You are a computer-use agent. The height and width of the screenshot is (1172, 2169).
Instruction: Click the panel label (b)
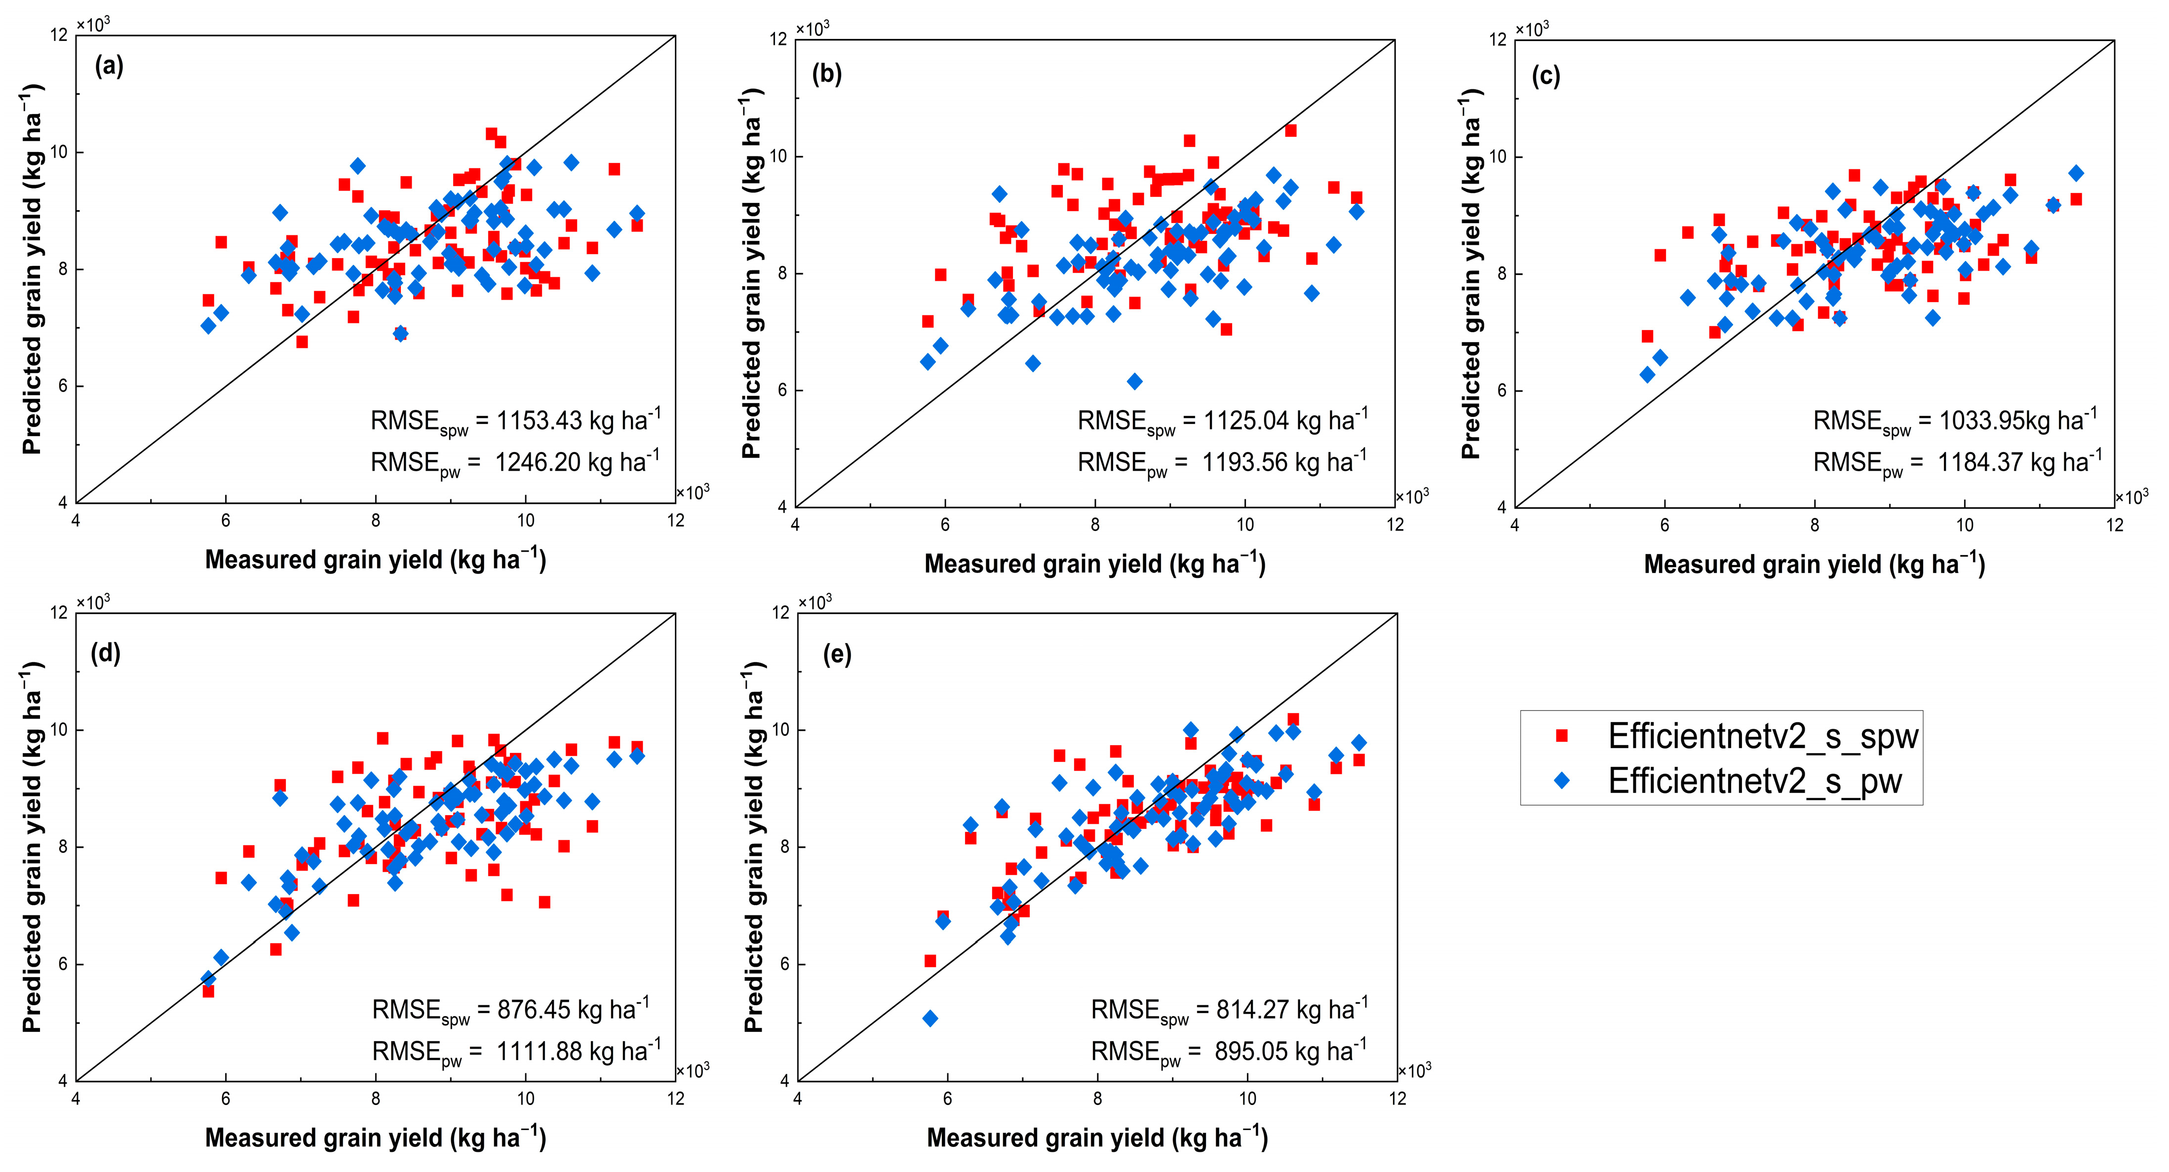click(x=827, y=74)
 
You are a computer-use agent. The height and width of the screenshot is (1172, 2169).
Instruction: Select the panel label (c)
click(x=1546, y=76)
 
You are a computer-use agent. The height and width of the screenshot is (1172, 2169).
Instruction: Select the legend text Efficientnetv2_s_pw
click(x=1755, y=781)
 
